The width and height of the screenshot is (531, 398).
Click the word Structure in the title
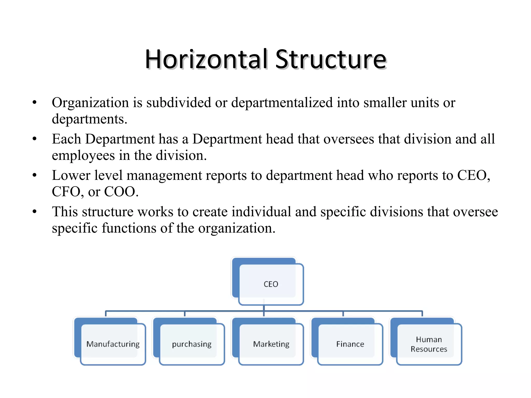(331, 60)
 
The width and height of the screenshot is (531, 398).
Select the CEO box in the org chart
(271, 284)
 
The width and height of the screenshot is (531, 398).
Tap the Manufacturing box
(113, 344)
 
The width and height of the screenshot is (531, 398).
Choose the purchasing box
(192, 344)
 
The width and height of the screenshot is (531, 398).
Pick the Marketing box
(271, 344)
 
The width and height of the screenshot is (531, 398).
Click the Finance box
(350, 344)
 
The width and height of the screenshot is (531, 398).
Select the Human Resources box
(429, 344)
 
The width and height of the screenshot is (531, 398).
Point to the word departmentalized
(282, 103)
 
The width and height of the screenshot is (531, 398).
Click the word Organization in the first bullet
(90, 103)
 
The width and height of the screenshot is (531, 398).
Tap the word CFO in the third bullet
(67, 192)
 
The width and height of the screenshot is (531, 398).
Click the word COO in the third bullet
(120, 192)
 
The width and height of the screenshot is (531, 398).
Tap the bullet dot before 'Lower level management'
(35, 175)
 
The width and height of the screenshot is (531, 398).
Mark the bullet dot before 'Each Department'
(35, 139)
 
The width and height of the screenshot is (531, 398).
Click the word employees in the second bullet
(83, 156)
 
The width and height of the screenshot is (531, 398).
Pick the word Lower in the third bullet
(71, 175)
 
